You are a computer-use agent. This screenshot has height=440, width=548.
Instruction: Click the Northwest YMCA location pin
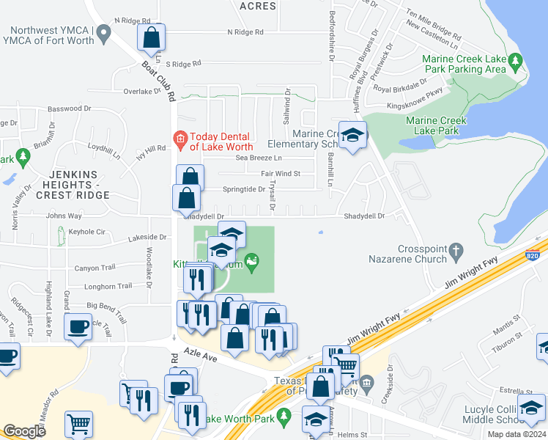[x=104, y=32]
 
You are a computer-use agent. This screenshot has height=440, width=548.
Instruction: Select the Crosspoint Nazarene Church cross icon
[x=456, y=250]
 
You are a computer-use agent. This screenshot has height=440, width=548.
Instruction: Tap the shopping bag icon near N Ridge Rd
[x=151, y=36]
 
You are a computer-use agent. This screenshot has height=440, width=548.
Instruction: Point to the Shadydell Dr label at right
[x=365, y=216]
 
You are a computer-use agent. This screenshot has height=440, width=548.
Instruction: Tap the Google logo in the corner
[x=24, y=431]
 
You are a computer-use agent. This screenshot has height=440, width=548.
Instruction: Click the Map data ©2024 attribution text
[x=516, y=435]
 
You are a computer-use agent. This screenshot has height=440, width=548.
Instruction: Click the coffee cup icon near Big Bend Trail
[x=78, y=326]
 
